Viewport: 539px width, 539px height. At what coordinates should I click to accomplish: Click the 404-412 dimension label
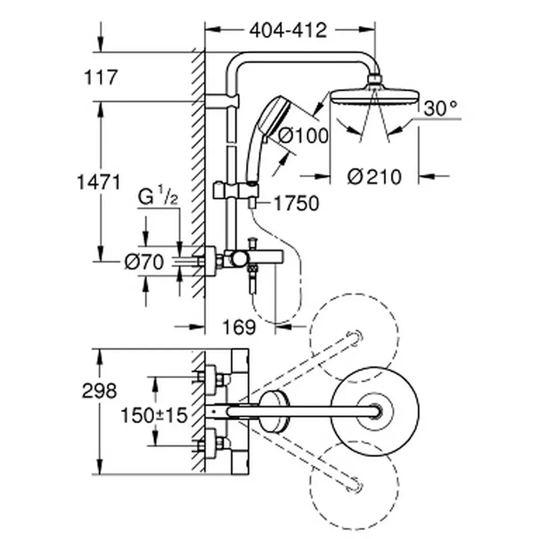pyautogui.click(x=288, y=31)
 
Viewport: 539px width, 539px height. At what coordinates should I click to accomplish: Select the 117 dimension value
pyautogui.click(x=100, y=77)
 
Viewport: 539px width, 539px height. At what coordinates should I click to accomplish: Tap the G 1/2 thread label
pyautogui.click(x=157, y=197)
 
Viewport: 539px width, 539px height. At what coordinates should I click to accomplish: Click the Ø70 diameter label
pyautogui.click(x=143, y=262)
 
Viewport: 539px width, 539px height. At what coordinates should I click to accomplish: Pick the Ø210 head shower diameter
pyautogui.click(x=374, y=176)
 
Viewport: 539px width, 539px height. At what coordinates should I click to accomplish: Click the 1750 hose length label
pyautogui.click(x=295, y=203)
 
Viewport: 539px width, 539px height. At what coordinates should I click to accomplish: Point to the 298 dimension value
pyautogui.click(x=99, y=391)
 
